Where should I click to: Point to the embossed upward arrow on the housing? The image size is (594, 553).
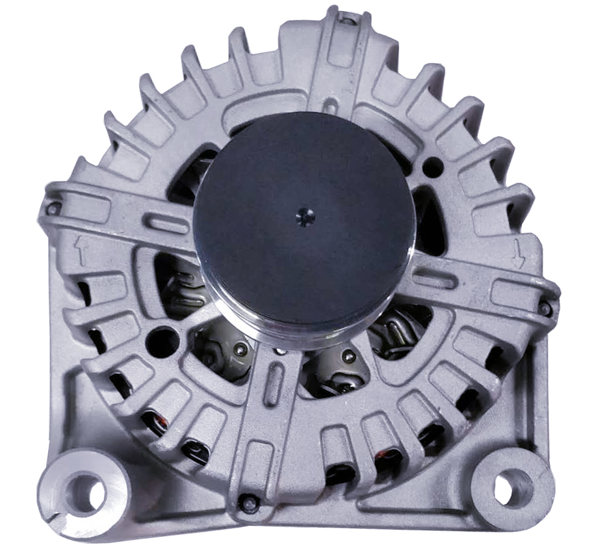point(81,250)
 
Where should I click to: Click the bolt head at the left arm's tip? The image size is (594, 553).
point(53,209)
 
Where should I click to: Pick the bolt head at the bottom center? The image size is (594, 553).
point(246,502)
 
